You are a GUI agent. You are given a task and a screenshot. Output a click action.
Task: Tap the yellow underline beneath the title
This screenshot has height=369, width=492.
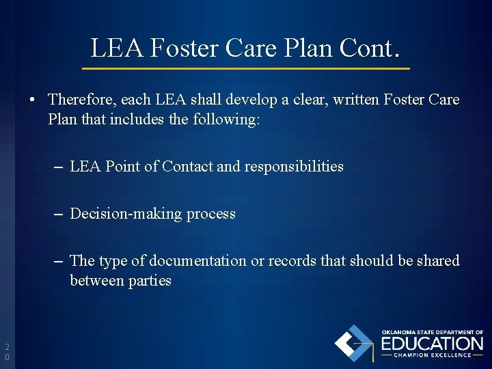(x=246, y=68)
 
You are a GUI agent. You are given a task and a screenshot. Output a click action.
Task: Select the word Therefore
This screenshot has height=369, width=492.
(x=82, y=100)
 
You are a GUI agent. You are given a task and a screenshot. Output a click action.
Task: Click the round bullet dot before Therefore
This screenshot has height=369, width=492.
(x=33, y=100)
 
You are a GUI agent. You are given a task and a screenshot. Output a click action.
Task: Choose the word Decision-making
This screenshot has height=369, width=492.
(x=126, y=213)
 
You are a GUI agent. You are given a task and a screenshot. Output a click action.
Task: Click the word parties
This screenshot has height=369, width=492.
(x=150, y=280)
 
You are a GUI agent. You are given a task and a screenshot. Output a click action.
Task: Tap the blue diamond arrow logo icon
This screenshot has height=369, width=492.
(x=353, y=343)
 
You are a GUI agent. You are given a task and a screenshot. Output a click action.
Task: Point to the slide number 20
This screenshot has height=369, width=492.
(x=7, y=351)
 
